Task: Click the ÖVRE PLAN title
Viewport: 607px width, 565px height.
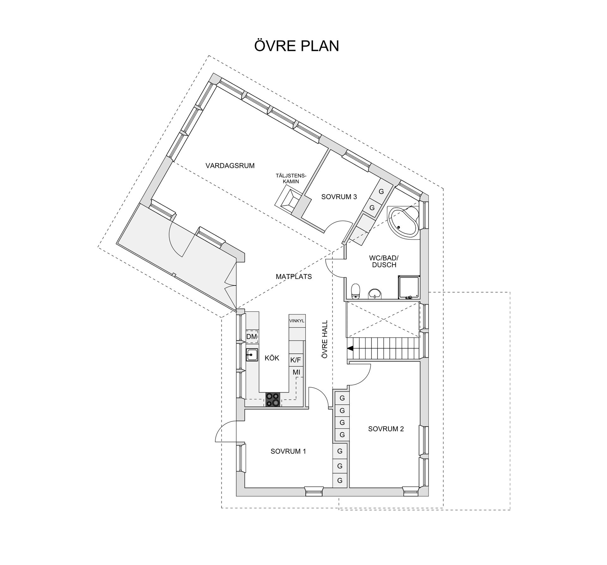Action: coord(296,46)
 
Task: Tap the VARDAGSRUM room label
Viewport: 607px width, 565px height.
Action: coord(230,166)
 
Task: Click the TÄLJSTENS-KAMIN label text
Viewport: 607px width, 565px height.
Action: coord(291,178)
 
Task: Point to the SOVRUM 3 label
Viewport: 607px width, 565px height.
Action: coord(339,197)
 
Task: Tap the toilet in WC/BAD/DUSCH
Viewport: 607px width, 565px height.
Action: coord(356,291)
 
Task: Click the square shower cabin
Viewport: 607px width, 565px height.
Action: coord(409,287)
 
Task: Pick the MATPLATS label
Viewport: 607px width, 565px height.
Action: coord(294,277)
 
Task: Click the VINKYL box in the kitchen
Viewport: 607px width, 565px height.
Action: coord(297,321)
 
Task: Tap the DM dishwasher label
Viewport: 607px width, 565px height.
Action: coord(252,337)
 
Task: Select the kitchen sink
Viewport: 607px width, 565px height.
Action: coord(252,355)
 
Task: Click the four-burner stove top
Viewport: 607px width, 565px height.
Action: coord(273,399)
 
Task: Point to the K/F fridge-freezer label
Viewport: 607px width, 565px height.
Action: coord(296,360)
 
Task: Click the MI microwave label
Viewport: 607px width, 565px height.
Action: coord(296,372)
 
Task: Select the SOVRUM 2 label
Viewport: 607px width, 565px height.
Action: coord(386,429)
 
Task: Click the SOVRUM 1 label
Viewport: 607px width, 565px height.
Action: coord(288,451)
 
